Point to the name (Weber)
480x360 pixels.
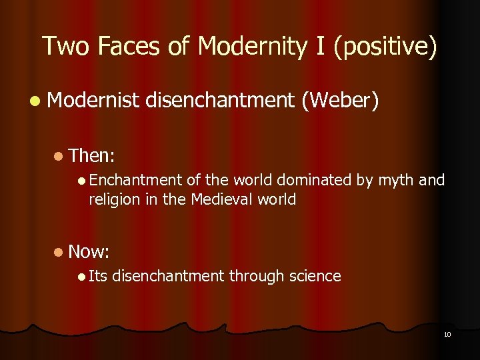(x=340, y=101)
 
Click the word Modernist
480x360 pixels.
(x=93, y=101)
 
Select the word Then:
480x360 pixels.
(x=92, y=156)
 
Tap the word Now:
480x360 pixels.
(x=89, y=251)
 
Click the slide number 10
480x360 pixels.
(x=447, y=333)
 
